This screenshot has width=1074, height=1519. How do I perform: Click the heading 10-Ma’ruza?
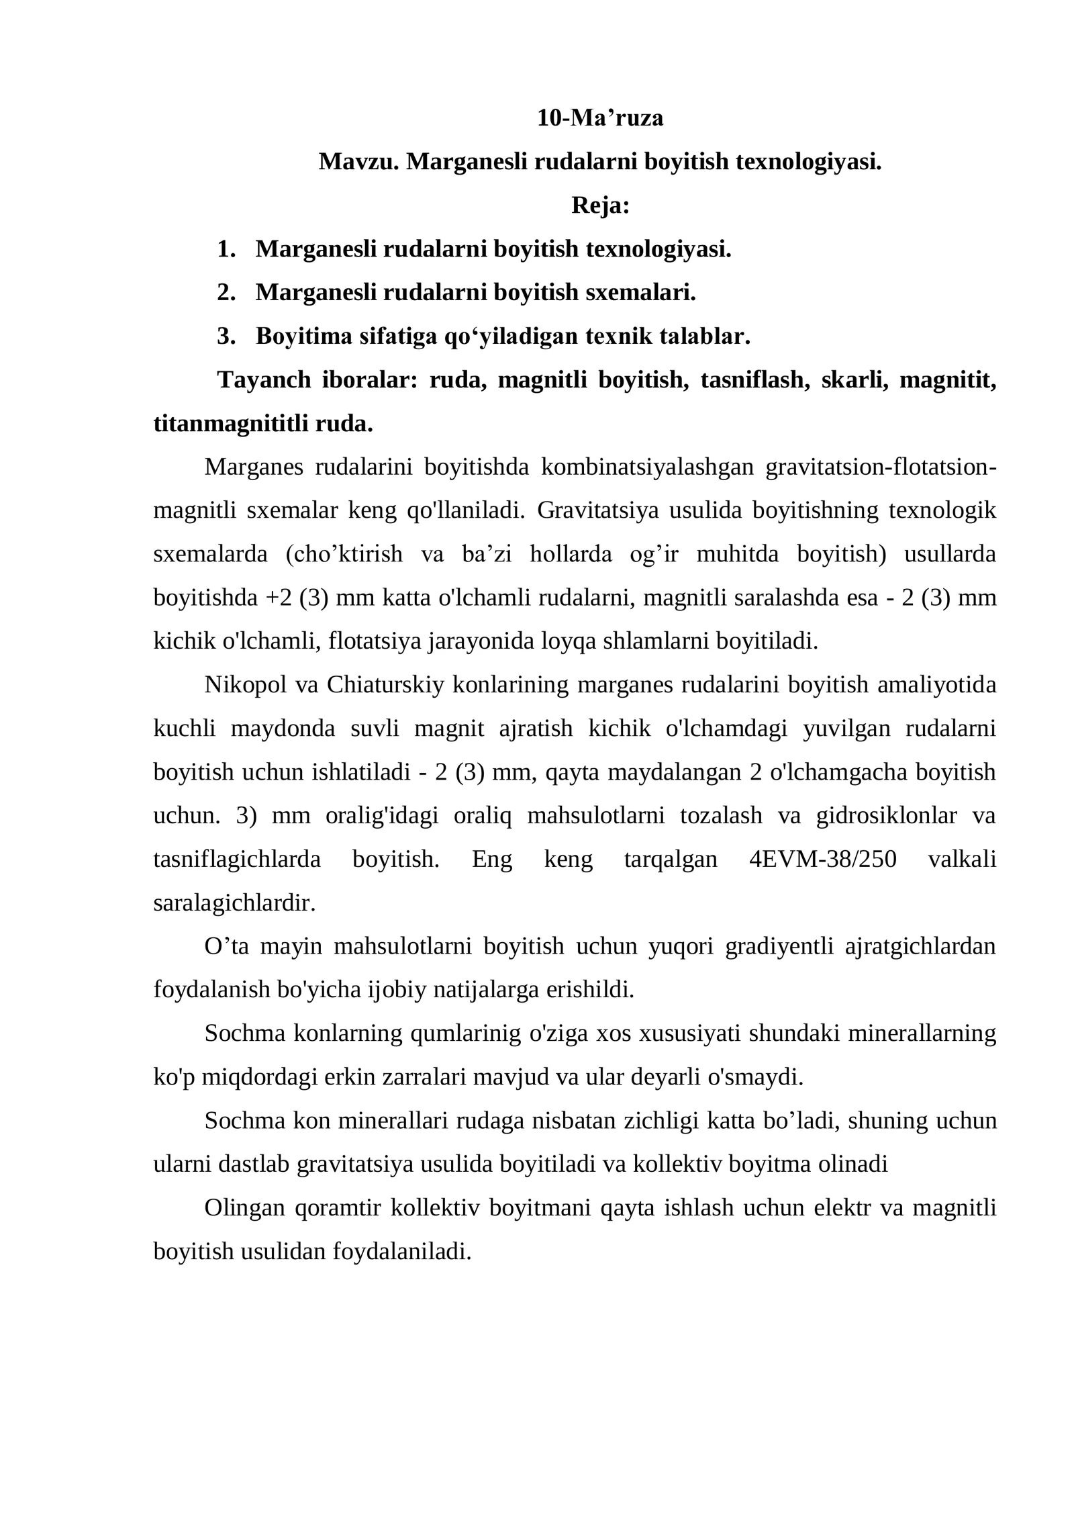[599, 118]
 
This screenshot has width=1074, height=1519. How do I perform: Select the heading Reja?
[600, 205]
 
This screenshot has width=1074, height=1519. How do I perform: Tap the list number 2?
[226, 292]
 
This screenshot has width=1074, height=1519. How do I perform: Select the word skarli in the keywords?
[852, 380]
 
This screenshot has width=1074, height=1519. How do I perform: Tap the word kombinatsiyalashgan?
[647, 467]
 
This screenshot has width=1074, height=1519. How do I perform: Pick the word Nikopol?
[245, 685]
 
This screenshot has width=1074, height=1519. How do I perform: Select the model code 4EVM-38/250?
[822, 860]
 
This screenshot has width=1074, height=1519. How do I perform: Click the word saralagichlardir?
[234, 903]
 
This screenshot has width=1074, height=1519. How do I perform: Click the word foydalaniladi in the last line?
[402, 1251]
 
